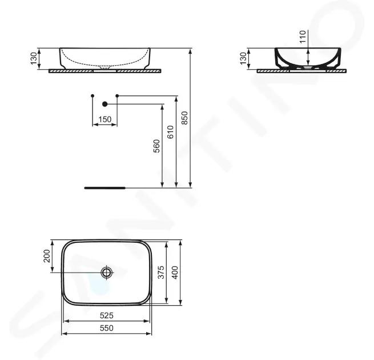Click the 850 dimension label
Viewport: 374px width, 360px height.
tap(184, 118)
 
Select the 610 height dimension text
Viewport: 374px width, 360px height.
tap(171, 132)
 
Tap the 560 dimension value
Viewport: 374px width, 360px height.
tap(156, 146)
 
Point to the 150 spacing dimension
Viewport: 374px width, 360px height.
tap(105, 119)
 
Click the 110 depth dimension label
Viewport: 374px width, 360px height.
tap(303, 37)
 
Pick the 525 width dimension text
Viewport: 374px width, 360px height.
tap(106, 315)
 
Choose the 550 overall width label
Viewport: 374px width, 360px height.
tap(106, 328)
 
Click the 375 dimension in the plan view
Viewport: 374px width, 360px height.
tap(161, 272)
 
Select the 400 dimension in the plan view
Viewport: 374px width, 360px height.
tap(175, 273)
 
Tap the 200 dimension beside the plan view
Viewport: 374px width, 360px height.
tap(47, 256)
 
